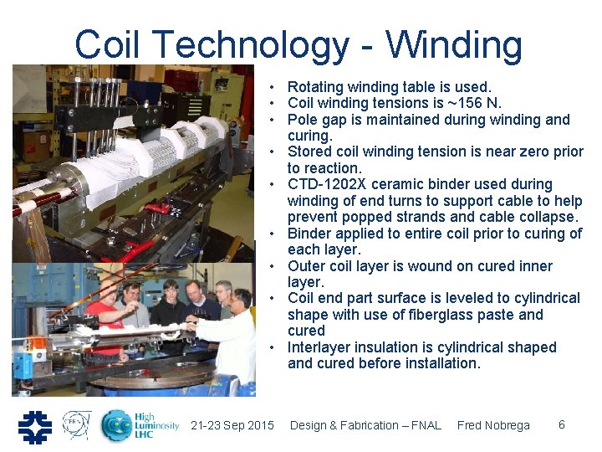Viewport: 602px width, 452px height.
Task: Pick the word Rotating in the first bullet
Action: click(316, 87)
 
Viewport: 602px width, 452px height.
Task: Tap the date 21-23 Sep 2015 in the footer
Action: click(232, 425)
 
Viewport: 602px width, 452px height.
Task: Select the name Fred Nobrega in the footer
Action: click(493, 425)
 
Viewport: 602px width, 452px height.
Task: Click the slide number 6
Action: click(562, 424)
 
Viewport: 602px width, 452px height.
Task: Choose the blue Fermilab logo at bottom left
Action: click(35, 426)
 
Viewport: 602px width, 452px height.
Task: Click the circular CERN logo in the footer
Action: click(77, 425)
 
